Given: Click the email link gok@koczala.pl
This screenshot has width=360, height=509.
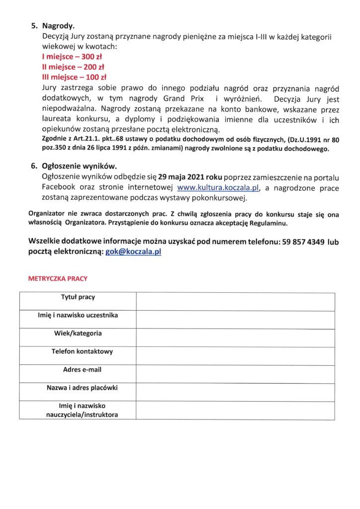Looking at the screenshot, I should point(133,252).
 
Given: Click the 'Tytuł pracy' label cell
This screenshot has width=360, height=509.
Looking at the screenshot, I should point(78,297).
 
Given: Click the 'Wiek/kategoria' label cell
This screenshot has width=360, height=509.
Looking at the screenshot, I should point(78,333).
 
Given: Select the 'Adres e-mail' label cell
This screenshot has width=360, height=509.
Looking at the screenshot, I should point(78,370).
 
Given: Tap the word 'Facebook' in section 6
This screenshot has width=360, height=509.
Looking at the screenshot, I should point(58,187).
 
